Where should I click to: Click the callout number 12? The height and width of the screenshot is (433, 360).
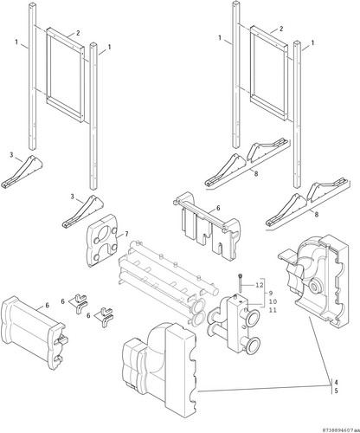pos(260,285)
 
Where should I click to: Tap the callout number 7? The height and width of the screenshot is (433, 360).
pos(126,234)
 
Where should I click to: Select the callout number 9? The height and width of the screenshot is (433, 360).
pos(271,294)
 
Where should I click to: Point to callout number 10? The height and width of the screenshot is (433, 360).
pos(273,301)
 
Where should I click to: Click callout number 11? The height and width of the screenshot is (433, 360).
pos(273,310)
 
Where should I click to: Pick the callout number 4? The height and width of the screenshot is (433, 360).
pos(337,382)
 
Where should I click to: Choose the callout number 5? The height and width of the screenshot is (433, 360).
pos(337,391)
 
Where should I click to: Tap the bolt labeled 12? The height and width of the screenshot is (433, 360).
pos(241,283)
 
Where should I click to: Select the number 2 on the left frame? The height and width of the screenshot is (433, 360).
pos(78,33)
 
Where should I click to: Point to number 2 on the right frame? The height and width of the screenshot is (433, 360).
pos(281,29)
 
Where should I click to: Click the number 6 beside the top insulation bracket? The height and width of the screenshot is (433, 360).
pos(218,208)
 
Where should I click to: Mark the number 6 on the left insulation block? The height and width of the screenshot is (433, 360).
pos(47,305)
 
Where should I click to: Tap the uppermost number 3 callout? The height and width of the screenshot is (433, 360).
pos(11,155)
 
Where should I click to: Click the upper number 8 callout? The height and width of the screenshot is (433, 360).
pos(256,173)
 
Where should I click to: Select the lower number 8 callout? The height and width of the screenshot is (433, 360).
pos(317,215)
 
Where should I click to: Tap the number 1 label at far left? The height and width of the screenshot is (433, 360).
pos(16,42)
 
